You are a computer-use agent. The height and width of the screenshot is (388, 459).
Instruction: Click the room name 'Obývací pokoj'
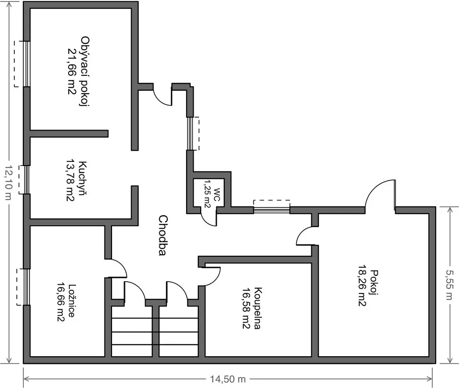coord(85,72)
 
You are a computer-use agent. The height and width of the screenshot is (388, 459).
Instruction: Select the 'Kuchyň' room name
coord(83,178)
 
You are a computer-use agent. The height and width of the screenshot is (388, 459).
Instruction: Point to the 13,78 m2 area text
coord(70,180)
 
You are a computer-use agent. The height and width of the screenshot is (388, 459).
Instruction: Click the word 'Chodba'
coord(163,235)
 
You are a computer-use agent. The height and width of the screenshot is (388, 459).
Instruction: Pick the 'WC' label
coord(217,196)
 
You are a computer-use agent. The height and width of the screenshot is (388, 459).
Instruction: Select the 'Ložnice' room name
coord(72,301)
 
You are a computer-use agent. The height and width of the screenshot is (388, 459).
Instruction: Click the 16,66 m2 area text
coord(61,302)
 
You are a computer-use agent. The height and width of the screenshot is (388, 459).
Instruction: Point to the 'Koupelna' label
coord(257,308)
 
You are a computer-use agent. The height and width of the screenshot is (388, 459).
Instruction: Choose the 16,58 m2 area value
coord(246,308)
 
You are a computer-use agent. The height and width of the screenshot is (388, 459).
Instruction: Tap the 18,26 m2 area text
coord(363,286)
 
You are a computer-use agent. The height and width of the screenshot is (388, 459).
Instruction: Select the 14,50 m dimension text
coord(228,379)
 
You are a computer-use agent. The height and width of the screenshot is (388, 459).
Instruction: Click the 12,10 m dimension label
coord(9,183)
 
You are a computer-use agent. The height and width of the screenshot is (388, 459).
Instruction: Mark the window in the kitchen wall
coord(26,179)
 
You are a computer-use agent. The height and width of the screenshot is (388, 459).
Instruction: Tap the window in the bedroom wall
coord(26,287)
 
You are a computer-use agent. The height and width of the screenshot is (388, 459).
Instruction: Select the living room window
coord(26,64)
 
